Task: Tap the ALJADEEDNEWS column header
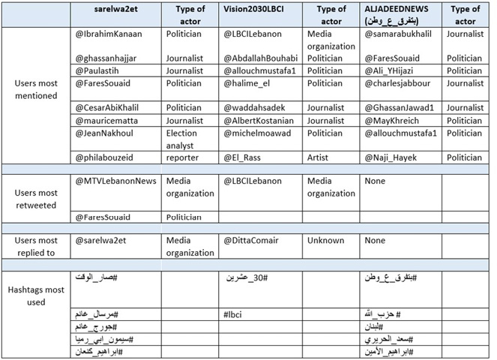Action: click(x=397, y=13)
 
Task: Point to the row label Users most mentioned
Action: click(x=36, y=88)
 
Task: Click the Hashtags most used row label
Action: click(x=36, y=296)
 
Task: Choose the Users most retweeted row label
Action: click(x=36, y=193)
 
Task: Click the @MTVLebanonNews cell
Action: click(x=116, y=181)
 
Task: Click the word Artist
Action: click(x=320, y=157)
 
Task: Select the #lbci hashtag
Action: click(x=235, y=313)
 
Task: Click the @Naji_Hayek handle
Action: click(x=394, y=157)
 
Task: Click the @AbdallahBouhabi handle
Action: click(x=259, y=58)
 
